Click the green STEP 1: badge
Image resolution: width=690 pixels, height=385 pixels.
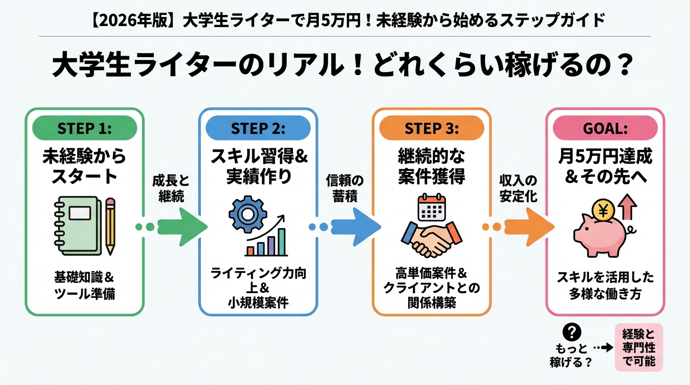click(84, 128)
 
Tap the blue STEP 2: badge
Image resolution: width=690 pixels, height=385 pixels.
click(258, 128)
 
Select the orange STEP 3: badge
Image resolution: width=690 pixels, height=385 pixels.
click(431, 128)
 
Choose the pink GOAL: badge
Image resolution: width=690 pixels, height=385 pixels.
click(605, 128)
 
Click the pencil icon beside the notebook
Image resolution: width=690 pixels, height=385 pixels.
click(110, 226)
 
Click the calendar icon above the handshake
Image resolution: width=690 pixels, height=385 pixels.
click(432, 210)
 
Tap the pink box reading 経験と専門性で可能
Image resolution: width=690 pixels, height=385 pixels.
click(638, 347)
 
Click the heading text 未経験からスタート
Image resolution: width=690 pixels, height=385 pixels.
click(84, 166)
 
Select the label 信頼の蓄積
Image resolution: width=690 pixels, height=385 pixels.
click(344, 188)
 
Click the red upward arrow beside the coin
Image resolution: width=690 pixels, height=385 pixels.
click(627, 207)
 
